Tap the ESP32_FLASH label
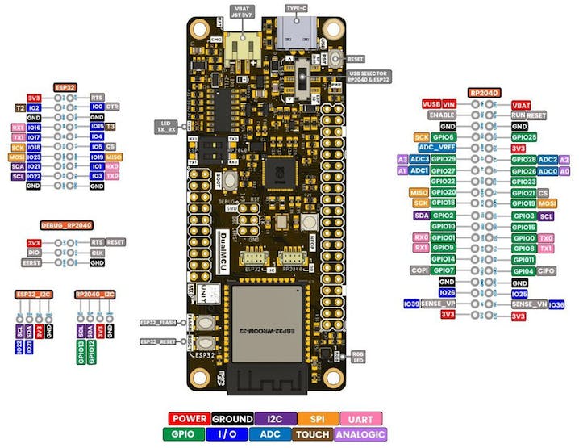[x=157, y=320]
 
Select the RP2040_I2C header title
[x=94, y=295]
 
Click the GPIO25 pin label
[x=524, y=138]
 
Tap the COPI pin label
[x=419, y=270]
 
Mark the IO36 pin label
[x=556, y=304]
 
